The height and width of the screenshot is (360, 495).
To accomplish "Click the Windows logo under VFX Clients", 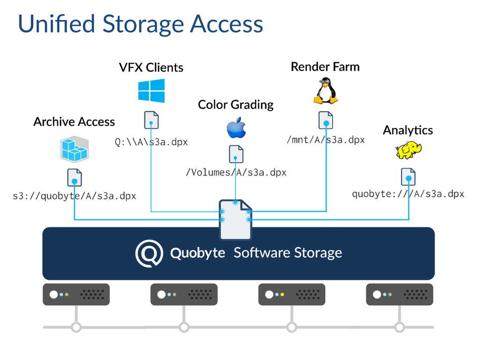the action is click(x=151, y=91).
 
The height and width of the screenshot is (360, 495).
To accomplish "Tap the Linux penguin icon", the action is click(x=326, y=91).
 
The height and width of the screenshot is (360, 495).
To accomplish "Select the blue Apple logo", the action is click(x=237, y=128).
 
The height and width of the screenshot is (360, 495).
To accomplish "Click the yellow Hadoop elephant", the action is click(x=408, y=150).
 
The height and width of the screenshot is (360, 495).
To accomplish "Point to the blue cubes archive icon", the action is click(x=75, y=149).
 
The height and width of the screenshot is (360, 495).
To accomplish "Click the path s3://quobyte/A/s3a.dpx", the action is click(x=75, y=196).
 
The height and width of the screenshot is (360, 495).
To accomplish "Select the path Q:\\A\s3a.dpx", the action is click(x=151, y=142).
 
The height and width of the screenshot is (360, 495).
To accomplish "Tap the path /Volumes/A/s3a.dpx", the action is click(x=236, y=173).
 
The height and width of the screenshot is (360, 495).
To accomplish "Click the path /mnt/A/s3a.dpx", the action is click(x=326, y=139).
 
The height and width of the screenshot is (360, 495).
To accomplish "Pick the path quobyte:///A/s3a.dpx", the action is click(x=408, y=193).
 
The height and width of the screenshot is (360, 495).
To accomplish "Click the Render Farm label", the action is click(x=325, y=67).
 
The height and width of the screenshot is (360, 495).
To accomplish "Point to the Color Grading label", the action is click(x=236, y=105).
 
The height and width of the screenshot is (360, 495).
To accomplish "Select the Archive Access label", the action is click(x=74, y=122).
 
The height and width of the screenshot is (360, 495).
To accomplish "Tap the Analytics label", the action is click(x=408, y=130).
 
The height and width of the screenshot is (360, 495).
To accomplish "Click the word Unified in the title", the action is click(x=56, y=24).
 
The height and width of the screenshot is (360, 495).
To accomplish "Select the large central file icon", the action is click(x=236, y=220).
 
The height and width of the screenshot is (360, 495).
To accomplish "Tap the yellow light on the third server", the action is click(x=282, y=294).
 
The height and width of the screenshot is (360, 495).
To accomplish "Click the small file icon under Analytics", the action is click(x=408, y=177).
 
